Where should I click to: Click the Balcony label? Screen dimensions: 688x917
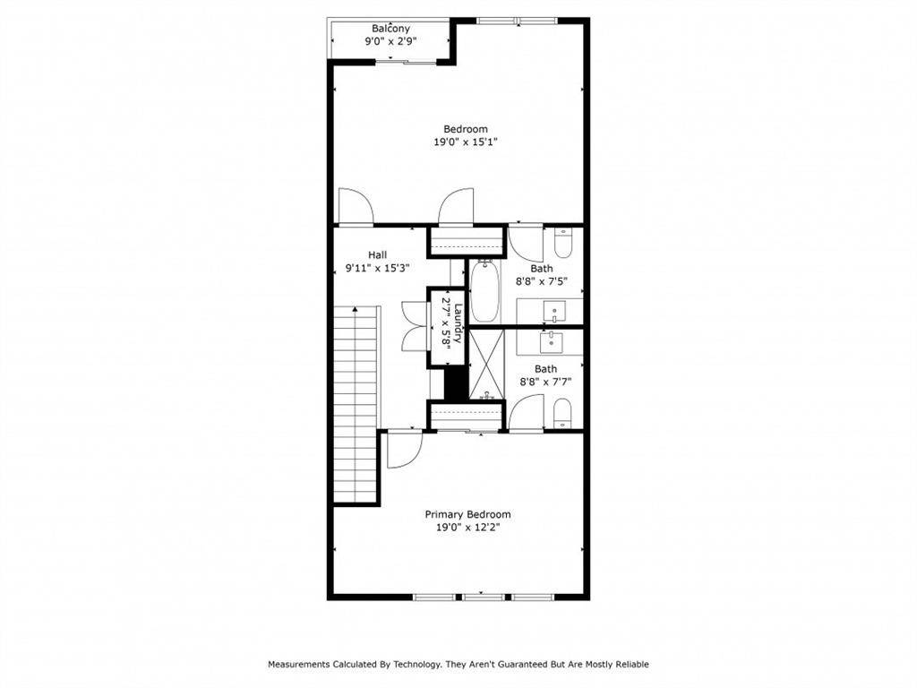[x=390, y=29]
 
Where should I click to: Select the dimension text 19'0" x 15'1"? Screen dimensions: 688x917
[x=466, y=142]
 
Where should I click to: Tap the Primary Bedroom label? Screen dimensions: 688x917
[x=467, y=514]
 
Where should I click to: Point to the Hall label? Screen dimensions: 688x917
[x=377, y=254]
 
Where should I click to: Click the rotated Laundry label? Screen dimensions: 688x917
[x=458, y=324]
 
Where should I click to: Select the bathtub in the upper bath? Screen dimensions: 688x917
[x=484, y=291]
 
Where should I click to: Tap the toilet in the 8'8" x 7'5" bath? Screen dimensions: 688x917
[x=563, y=243]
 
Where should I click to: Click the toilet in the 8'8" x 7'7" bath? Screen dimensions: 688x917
[x=562, y=413]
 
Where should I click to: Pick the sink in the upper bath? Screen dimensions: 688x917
[x=556, y=313]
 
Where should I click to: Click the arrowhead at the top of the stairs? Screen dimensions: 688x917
[x=356, y=310]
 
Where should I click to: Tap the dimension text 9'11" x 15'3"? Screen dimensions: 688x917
[x=377, y=268]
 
